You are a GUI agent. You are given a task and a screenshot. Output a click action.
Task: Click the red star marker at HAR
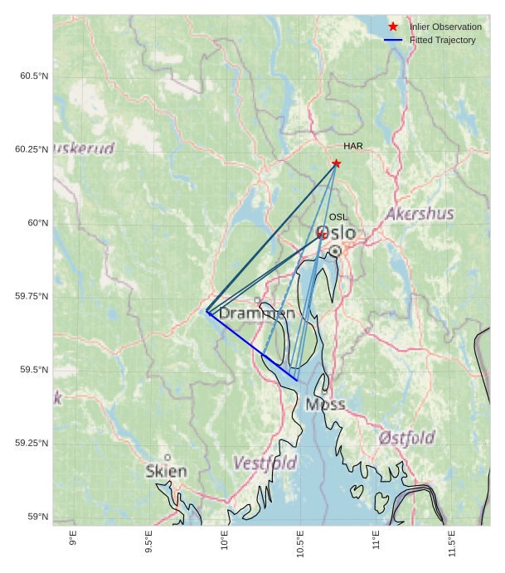336,163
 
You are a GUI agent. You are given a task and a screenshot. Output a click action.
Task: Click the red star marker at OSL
322,235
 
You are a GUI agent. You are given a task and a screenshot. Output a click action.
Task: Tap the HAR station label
353,147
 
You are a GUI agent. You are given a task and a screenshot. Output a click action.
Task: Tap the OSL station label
338,217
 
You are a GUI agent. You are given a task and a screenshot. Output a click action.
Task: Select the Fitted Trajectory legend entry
442,40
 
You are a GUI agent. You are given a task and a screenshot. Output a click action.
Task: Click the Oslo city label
337,233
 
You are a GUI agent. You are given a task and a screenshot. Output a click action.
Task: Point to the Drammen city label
256,313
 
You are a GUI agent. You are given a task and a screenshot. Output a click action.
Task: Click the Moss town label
325,405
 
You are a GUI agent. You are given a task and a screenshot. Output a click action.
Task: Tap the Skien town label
166,471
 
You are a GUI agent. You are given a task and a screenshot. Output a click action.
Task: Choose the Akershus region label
420,214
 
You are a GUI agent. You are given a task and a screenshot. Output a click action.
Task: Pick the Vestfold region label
265,463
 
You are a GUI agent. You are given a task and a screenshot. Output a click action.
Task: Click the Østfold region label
406,437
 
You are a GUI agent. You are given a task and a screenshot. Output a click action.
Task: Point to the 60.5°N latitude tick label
34,76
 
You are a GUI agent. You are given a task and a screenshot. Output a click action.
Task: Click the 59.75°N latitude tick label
32,296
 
